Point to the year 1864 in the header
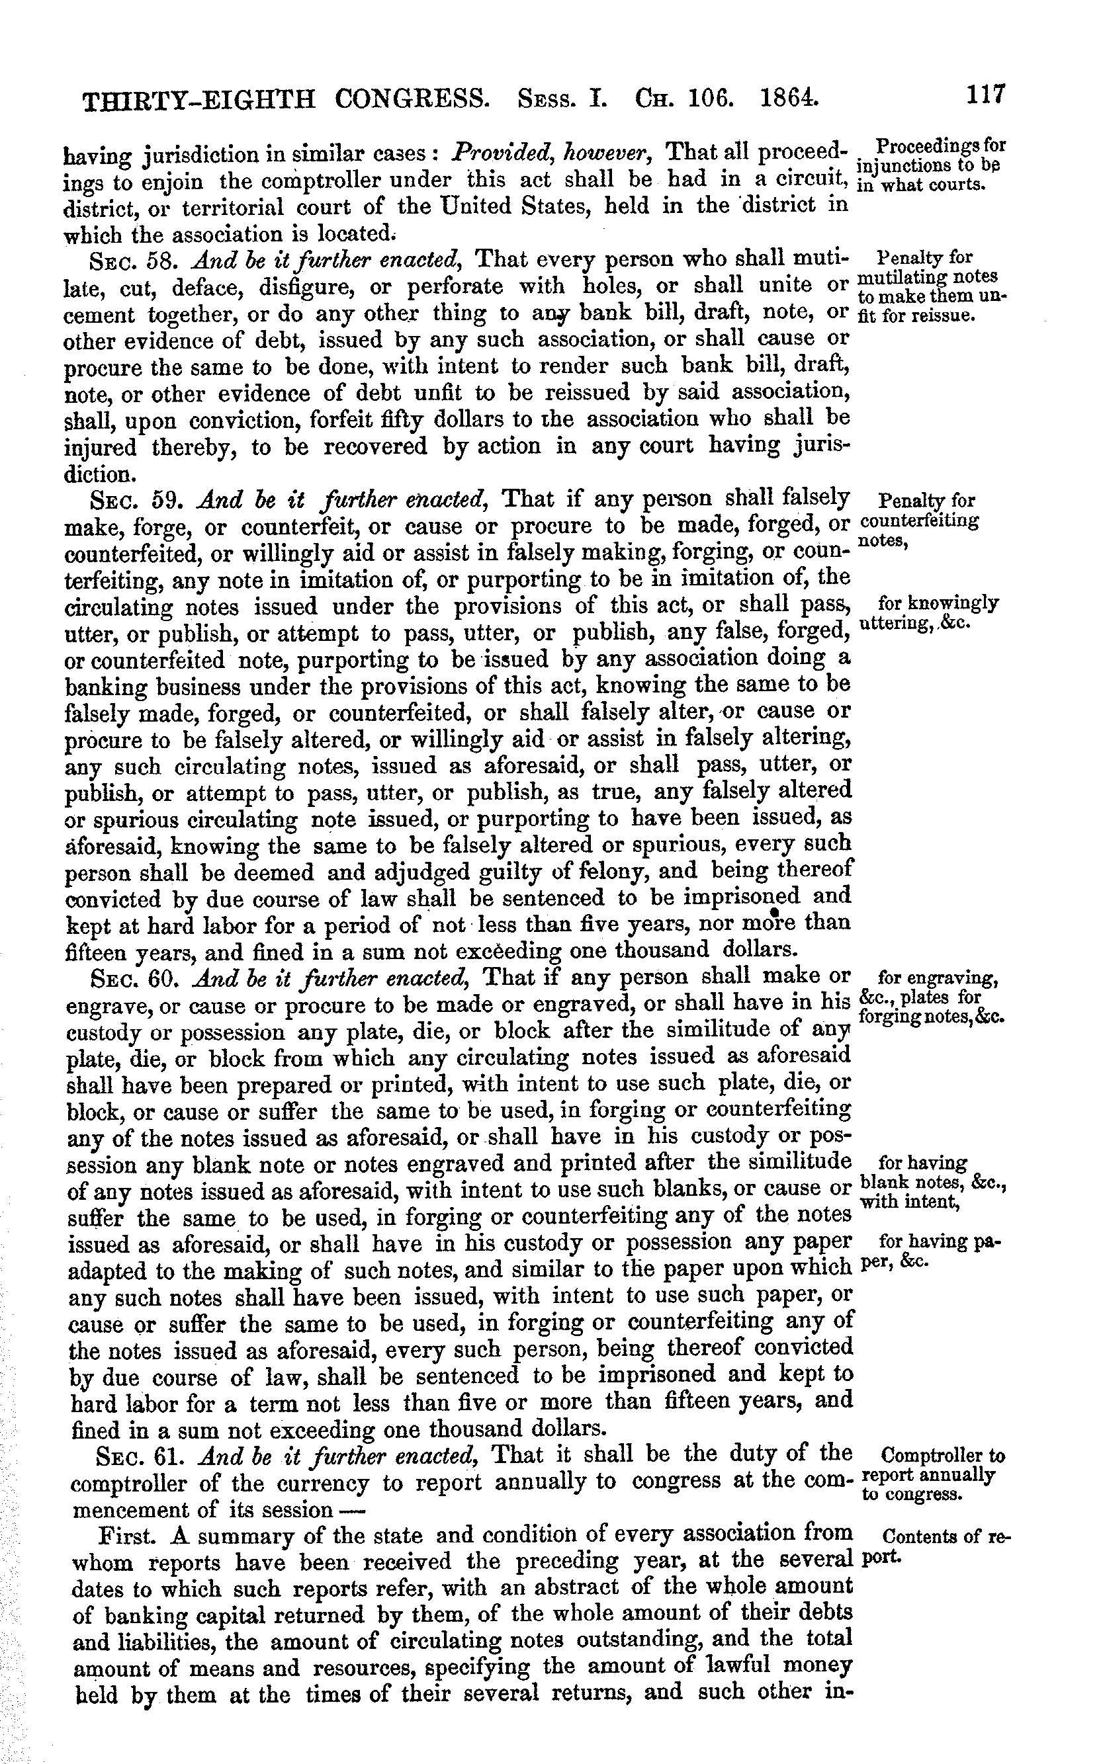point(785,97)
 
